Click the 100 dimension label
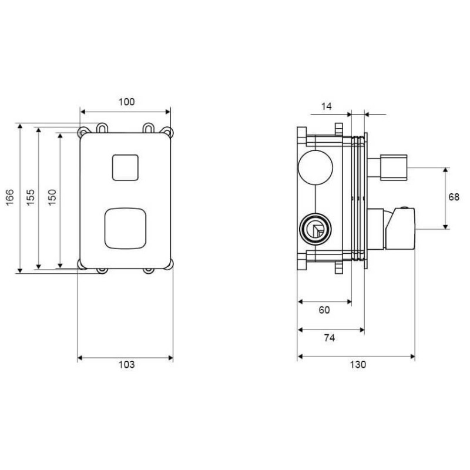tap(126, 102)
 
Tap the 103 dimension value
tap(126, 364)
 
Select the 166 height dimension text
tap(10, 197)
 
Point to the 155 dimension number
tap(31, 197)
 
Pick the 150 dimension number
tap(52, 197)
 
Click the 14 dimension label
tap(327, 106)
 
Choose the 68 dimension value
tap(454, 197)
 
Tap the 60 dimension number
tap(324, 310)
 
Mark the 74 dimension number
tap(329, 338)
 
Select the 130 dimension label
tap(358, 364)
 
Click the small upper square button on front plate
tap(125, 167)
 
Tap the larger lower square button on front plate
tap(125, 228)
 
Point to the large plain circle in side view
tap(315, 167)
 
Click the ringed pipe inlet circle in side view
tap(315, 229)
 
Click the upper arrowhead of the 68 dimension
tap(445, 170)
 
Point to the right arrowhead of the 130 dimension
tap(412, 357)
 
